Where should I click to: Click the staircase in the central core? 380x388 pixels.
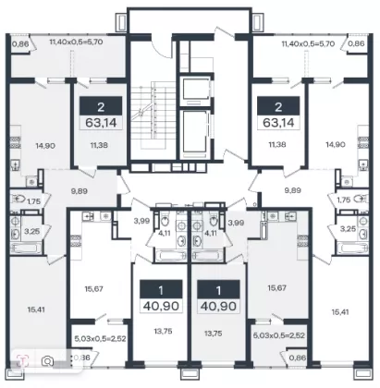152,114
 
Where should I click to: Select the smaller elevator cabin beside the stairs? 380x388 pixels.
194,90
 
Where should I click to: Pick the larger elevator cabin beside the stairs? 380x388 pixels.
194,131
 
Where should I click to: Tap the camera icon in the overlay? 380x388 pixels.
48,360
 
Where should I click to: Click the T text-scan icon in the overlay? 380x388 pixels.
23,360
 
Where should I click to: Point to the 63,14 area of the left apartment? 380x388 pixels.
101,123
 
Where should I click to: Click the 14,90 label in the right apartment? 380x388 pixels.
335,144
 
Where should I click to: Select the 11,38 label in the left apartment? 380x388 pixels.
99,145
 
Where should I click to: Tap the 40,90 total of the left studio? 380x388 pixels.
161,306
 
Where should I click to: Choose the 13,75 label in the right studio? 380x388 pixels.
214,333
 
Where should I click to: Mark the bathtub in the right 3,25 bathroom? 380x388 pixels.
352,248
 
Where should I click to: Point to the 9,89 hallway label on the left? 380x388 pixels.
79,191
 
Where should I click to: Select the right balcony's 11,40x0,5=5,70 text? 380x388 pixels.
308,43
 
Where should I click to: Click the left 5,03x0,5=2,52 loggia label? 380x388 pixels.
100,339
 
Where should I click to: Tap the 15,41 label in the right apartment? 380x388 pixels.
340,312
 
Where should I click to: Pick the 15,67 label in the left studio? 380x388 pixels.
94,289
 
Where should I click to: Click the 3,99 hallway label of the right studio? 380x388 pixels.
236,223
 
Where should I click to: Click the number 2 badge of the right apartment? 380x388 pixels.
278,107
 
